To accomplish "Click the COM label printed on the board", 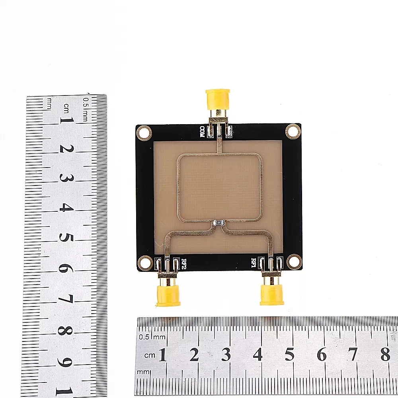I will (x=202, y=132).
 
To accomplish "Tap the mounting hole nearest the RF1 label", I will (x=294, y=261).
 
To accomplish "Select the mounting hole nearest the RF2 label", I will (x=145, y=262).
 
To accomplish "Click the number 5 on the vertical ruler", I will (x=66, y=238).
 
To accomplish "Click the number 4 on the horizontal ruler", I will (x=258, y=354).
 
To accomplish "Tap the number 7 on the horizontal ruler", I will (x=353, y=354).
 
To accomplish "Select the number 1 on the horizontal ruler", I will (x=162, y=354).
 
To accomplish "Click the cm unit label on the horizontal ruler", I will (x=150, y=355).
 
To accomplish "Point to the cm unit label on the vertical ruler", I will (x=66, y=108).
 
